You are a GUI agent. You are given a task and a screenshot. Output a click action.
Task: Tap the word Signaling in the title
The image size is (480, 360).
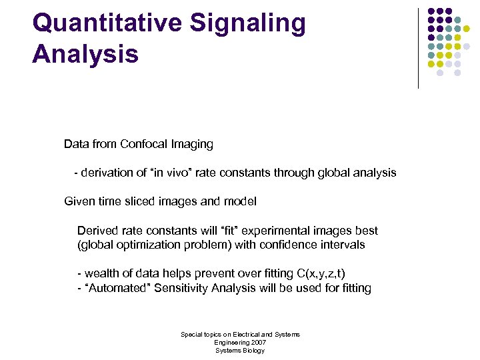pos(248,24)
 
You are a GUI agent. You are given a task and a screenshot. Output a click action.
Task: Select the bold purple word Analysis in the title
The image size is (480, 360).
pos(85,54)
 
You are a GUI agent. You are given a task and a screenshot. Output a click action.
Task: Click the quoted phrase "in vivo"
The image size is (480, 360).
pos(174,173)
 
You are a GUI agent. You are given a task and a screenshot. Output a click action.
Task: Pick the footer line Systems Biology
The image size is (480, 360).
pos(240,350)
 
